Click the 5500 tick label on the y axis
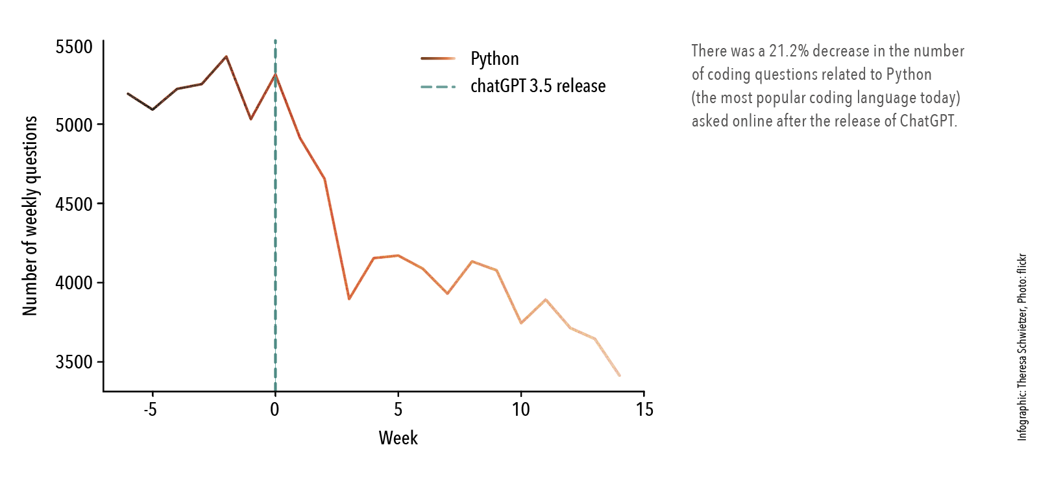pos(74,47)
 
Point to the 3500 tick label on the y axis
pos(74,362)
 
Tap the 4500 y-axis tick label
pos(74,204)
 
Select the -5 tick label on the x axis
pos(151,409)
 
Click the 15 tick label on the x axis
pos(644,409)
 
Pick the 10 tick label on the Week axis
pos(520,409)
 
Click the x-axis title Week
pos(398,438)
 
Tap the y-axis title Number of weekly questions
pos(31,216)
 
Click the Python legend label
pos(494,59)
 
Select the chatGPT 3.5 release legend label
pos(538,86)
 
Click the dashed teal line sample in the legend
pos(438,86)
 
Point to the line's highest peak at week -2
pos(226,56)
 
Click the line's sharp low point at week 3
pos(349,299)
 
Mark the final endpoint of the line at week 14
pos(620,376)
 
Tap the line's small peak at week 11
pos(546,300)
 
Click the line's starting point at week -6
pos(128,93)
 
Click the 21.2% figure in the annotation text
pos(788,51)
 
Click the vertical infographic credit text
pos(1022,347)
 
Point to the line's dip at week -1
pos(250,119)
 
